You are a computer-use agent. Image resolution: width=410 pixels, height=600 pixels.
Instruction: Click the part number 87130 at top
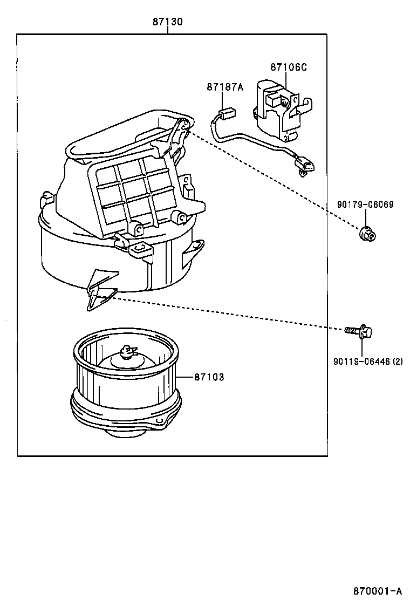click(x=167, y=22)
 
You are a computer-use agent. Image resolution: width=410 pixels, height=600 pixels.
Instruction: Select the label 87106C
click(x=288, y=67)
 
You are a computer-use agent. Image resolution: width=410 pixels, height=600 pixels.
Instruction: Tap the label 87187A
click(x=224, y=86)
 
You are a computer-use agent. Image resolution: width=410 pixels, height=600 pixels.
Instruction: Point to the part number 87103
click(x=209, y=377)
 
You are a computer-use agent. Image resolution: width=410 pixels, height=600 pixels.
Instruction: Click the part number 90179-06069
click(x=365, y=205)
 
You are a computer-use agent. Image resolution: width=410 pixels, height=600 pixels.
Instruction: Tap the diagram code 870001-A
click(x=378, y=590)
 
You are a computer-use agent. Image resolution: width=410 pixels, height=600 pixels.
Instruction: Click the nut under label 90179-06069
click(x=366, y=233)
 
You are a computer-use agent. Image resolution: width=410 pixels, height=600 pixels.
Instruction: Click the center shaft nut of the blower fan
click(x=127, y=353)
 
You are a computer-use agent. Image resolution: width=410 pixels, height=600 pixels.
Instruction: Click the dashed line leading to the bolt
click(x=227, y=312)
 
